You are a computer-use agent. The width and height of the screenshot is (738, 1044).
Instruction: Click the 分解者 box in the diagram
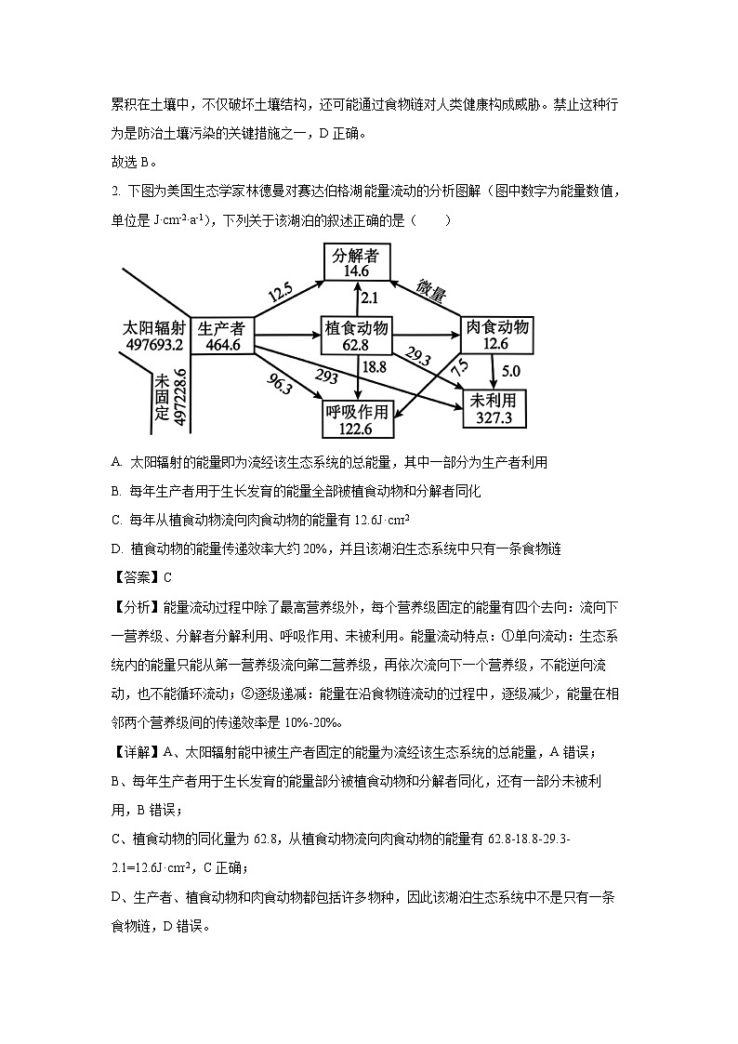tap(356, 263)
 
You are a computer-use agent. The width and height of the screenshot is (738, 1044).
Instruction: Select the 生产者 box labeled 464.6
tap(223, 336)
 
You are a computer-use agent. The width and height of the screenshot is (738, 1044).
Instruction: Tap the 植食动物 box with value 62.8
tap(355, 336)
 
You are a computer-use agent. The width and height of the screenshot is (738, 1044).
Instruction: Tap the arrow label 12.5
tap(280, 294)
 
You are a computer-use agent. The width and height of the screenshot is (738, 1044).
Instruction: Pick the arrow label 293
tap(325, 377)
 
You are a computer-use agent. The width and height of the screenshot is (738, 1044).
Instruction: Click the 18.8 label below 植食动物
tap(374, 367)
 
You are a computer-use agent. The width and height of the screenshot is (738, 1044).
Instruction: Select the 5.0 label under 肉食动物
tap(511, 370)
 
